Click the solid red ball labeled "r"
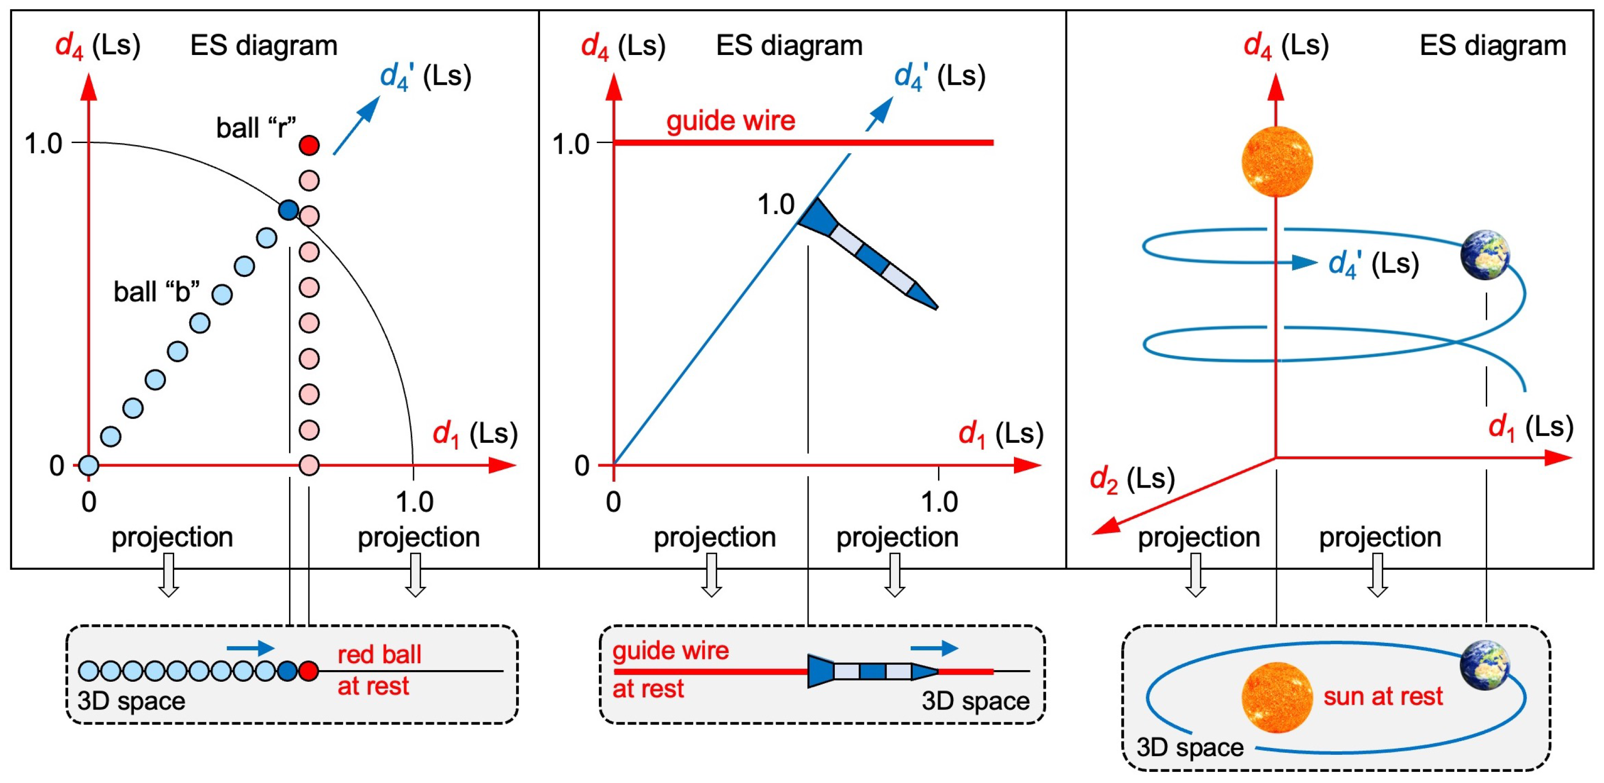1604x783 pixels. pyautogui.click(x=309, y=145)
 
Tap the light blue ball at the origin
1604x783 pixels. pyautogui.click(x=89, y=465)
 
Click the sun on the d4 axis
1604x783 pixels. pyautogui.click(x=1277, y=162)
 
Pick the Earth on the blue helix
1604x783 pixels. pyautogui.click(x=1485, y=254)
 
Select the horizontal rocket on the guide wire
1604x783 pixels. pyautogui.click(x=872, y=671)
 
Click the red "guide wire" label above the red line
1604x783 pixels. pyautogui.click(x=730, y=120)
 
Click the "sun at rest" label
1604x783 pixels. pyautogui.click(x=1382, y=696)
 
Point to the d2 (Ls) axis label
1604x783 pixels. pyautogui.click(x=1132, y=479)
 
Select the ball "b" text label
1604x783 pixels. pyautogui.click(x=156, y=291)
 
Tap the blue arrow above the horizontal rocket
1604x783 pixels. pyautogui.click(x=934, y=649)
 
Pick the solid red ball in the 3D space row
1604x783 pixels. pyautogui.click(x=309, y=671)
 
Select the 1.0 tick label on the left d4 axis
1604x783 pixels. pyautogui.click(x=44, y=144)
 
